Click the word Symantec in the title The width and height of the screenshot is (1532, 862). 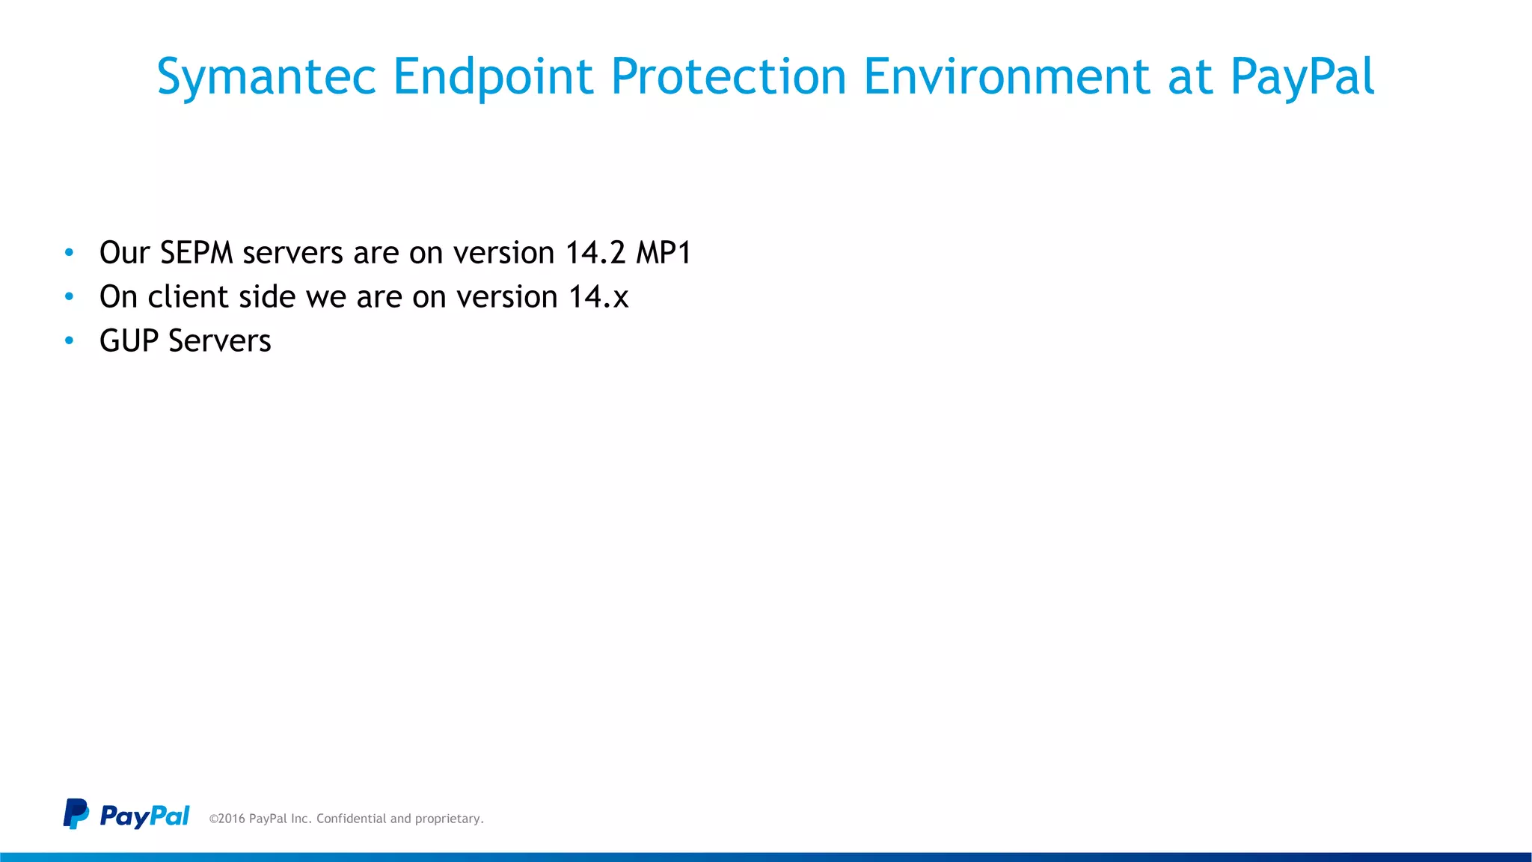pyautogui.click(x=266, y=78)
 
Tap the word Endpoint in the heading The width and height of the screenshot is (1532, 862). pyautogui.click(x=493, y=76)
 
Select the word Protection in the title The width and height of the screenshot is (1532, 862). pyautogui.click(x=729, y=76)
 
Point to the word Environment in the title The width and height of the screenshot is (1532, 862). pyautogui.click(x=1006, y=76)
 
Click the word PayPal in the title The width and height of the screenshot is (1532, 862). pyautogui.click(x=1302, y=78)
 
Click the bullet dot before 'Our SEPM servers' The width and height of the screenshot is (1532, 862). pyautogui.click(x=70, y=253)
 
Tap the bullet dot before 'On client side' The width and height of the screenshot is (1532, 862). pyautogui.click(x=70, y=297)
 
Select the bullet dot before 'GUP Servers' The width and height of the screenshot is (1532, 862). pyautogui.click(x=70, y=341)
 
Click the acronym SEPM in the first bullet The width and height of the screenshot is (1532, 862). pyautogui.click(x=197, y=253)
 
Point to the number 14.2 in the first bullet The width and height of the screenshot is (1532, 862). pyautogui.click(x=595, y=253)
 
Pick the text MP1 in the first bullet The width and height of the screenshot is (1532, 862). pyautogui.click(x=664, y=253)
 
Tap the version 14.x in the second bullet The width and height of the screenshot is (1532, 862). pyautogui.click(x=598, y=297)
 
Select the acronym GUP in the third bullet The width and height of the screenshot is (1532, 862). pyautogui.click(x=129, y=341)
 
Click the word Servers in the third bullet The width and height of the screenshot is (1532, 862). pyautogui.click(x=220, y=341)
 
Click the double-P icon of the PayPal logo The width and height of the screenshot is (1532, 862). pyautogui.click(x=76, y=813)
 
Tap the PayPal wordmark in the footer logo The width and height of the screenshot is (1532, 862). pyautogui.click(x=144, y=816)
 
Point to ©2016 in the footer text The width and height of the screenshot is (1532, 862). pyautogui.click(x=227, y=819)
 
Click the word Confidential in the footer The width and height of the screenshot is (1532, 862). pyautogui.click(x=352, y=819)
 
